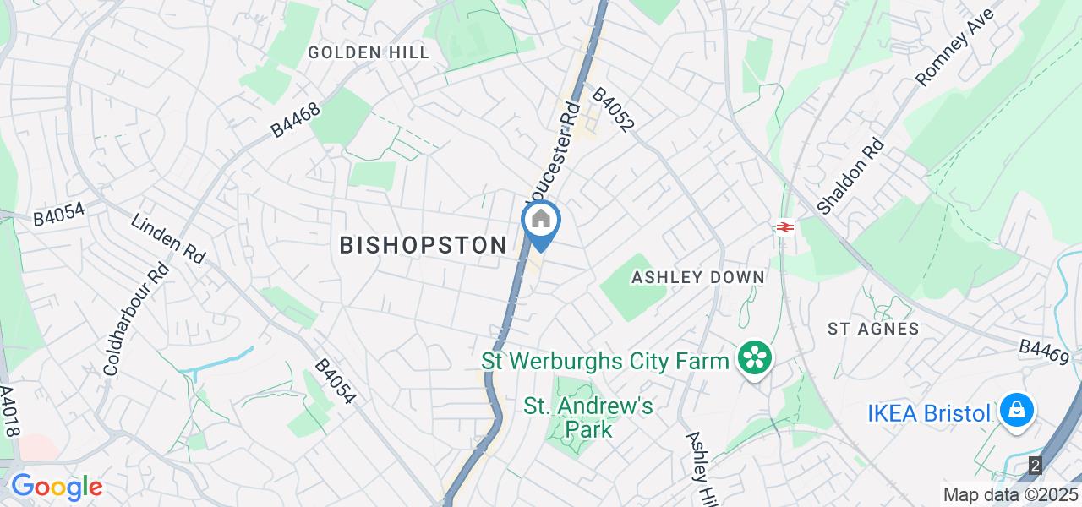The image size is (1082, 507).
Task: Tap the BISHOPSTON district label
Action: pyautogui.click(x=423, y=246)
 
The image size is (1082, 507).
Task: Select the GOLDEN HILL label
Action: pyautogui.click(x=369, y=52)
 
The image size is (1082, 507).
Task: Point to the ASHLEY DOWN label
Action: pyautogui.click(x=698, y=277)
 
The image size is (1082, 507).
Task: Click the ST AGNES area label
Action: pyautogui.click(x=873, y=329)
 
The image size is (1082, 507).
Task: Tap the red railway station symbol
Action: pyautogui.click(x=784, y=226)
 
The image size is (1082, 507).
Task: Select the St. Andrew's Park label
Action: pyautogui.click(x=588, y=417)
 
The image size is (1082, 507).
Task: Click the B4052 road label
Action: pyautogui.click(x=613, y=111)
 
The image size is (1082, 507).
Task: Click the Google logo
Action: pyautogui.click(x=56, y=487)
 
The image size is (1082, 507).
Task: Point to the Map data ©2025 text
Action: pyautogui.click(x=1010, y=494)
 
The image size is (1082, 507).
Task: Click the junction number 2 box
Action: pyautogui.click(x=1036, y=465)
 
